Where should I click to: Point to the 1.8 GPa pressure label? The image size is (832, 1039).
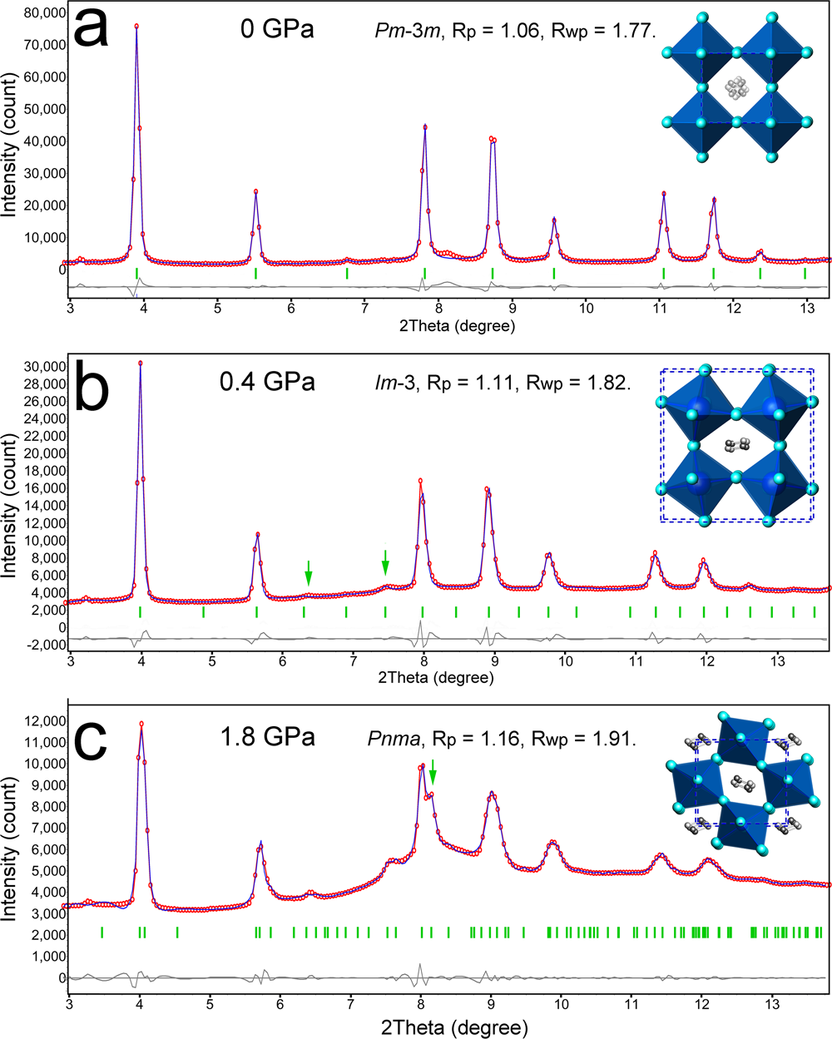tap(267, 737)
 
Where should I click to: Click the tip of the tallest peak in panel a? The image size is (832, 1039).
tap(136, 26)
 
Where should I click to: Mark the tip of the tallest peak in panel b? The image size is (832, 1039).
tap(141, 363)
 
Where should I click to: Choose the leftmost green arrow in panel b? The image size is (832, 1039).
tap(309, 571)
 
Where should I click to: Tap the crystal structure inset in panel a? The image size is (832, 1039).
tap(736, 87)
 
